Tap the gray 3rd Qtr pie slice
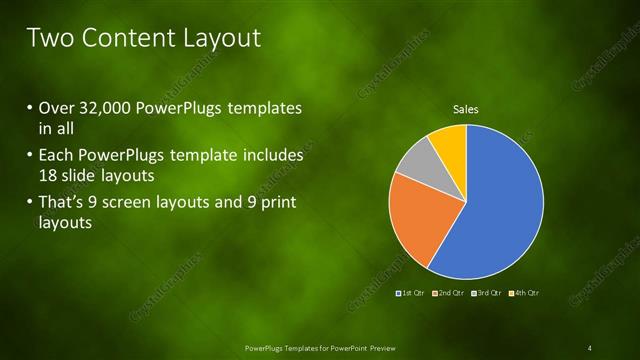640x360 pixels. pos(414,160)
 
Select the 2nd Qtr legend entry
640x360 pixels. pos(451,292)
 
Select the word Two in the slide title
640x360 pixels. pos(47,38)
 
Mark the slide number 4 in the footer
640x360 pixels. pos(590,347)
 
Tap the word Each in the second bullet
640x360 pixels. pos(53,156)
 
